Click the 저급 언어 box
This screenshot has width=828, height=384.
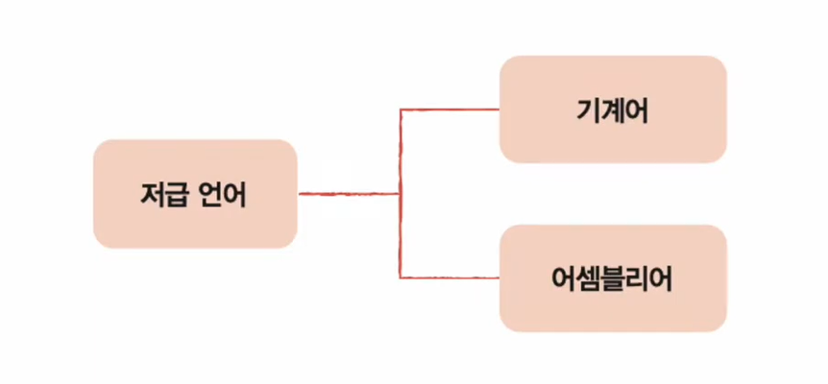pyautogui.click(x=194, y=194)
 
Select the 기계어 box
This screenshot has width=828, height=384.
pyautogui.click(x=613, y=109)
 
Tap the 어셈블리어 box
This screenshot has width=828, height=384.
pyautogui.click(x=613, y=278)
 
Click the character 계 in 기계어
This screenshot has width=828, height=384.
pyautogui.click(x=613, y=109)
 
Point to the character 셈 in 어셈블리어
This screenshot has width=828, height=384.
pyautogui.click(x=588, y=278)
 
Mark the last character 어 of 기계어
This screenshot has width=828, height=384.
pyautogui.click(x=637, y=109)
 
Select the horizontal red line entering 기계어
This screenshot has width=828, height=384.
pyautogui.click(x=450, y=109)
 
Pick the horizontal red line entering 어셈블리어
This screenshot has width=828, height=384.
pyautogui.click(x=450, y=278)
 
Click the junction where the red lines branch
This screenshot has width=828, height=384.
pyautogui.click(x=400, y=194)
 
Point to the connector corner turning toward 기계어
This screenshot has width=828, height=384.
pyautogui.click(x=400, y=109)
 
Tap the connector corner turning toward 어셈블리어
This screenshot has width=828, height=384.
pyautogui.click(x=400, y=278)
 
